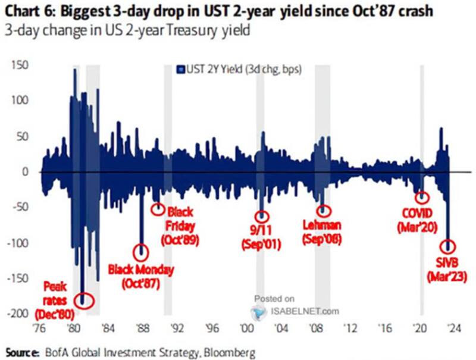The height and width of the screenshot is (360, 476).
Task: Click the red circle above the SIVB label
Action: [x=448, y=246]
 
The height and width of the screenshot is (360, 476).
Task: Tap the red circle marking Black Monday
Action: [x=140, y=252]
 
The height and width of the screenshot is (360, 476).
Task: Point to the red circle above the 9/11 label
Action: [x=262, y=217]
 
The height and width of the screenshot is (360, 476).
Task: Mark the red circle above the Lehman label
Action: [x=324, y=210]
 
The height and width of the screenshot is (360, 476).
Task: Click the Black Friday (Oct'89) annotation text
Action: [x=180, y=226]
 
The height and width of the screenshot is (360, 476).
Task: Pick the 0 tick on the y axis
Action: [x=25, y=171]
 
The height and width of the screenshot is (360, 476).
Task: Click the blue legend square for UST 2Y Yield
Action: [x=178, y=70]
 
